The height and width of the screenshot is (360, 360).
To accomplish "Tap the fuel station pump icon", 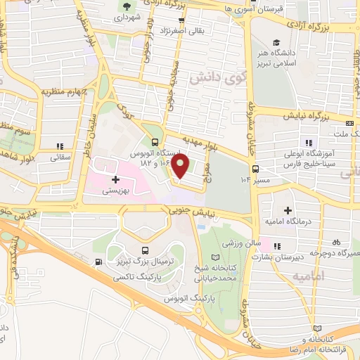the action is [x=98, y=263].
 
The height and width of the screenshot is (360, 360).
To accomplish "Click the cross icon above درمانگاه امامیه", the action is [x=288, y=210].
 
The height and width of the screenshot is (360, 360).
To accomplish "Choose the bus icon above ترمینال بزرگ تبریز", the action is [x=145, y=251].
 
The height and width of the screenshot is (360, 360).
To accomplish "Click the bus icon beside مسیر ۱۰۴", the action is [x=255, y=169].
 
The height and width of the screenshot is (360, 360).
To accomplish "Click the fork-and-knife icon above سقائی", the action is [x=60, y=146].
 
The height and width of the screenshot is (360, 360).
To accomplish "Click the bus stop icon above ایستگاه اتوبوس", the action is [x=146, y=140].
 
